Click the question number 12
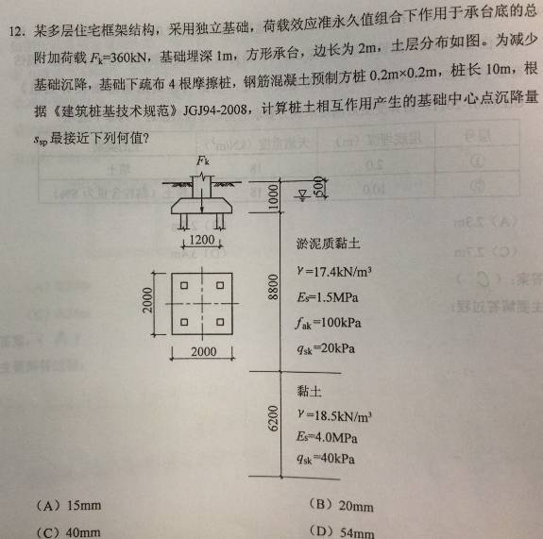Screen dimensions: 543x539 pyautogui.click(x=16, y=31)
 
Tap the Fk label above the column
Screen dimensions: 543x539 pyautogui.click(x=203, y=161)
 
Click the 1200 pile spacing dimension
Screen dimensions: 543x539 pyautogui.click(x=202, y=240)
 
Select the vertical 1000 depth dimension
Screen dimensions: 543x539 pyautogui.click(x=274, y=196)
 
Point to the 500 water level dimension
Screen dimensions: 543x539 pyautogui.click(x=318, y=187)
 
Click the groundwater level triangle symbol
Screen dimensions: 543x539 pyautogui.click(x=303, y=194)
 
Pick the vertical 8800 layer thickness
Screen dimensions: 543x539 pyautogui.click(x=274, y=287)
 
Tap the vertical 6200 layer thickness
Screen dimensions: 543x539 pyautogui.click(x=273, y=418)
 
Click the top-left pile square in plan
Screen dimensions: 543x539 pyautogui.click(x=184, y=285)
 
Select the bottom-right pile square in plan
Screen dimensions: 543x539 pyautogui.click(x=220, y=322)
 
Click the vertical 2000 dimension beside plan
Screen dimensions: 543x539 pyautogui.click(x=148, y=300)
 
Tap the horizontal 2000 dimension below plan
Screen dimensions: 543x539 pyautogui.click(x=204, y=352)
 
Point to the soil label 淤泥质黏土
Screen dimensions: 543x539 pyautogui.click(x=329, y=244)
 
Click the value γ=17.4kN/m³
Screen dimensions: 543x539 pyautogui.click(x=334, y=272)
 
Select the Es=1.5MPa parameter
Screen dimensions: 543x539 pyautogui.click(x=328, y=297)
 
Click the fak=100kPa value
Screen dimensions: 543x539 pyautogui.click(x=329, y=324)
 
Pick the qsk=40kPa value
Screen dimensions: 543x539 pyautogui.click(x=326, y=459)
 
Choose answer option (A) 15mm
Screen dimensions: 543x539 pyautogui.click(x=69, y=506)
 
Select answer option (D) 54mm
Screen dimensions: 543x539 pyautogui.click(x=342, y=532)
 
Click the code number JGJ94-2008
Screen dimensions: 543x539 pyautogui.click(x=214, y=110)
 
